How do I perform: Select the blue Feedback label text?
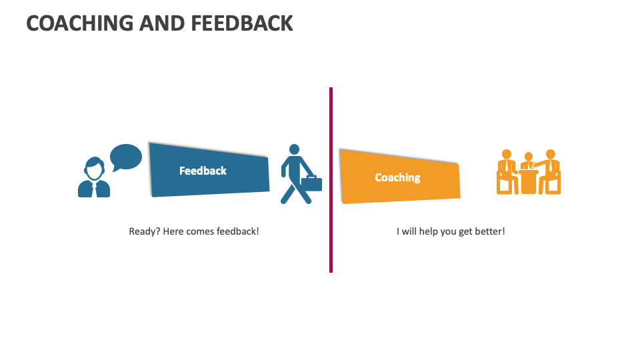pos(203,171)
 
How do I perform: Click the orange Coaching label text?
pos(397,177)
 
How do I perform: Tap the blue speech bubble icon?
pos(125,157)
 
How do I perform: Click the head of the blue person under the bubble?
pos(94,167)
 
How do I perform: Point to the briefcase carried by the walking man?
pos(311,183)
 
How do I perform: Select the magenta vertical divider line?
pos(331,180)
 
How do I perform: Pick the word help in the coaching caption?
pos(431,231)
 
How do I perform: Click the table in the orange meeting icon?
pos(529,181)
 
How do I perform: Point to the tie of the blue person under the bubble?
pos(94,188)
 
